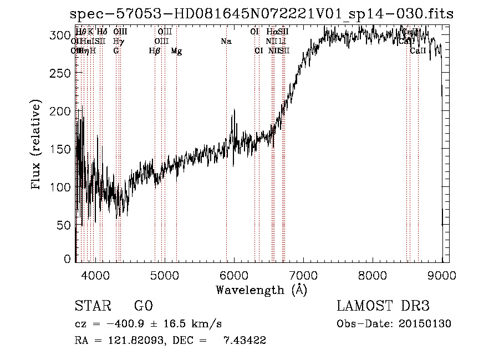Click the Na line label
(x=226, y=42)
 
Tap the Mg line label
(x=176, y=51)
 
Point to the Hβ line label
(x=155, y=51)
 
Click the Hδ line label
(x=102, y=32)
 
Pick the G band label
(x=116, y=51)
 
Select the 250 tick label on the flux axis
(x=62, y=73)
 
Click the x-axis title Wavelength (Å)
(x=262, y=290)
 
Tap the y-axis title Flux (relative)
(x=37, y=146)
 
